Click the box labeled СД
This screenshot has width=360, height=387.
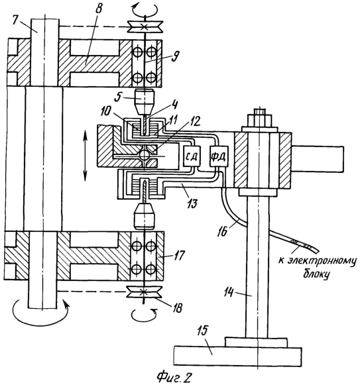192,156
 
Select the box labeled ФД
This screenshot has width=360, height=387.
219,156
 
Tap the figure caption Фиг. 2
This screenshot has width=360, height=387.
174,378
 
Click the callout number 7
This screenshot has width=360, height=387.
15,21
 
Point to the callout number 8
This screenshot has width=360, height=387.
98,9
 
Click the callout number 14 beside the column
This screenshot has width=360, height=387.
229,293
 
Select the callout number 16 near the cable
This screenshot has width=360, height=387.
223,232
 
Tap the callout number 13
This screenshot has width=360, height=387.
192,203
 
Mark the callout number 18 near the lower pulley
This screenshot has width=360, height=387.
177,307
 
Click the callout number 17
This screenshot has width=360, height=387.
179,256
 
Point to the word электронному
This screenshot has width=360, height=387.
322,262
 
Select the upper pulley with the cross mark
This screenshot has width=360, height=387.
145,27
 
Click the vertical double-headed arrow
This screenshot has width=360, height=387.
85,156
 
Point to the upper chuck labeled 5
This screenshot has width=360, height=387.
145,101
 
